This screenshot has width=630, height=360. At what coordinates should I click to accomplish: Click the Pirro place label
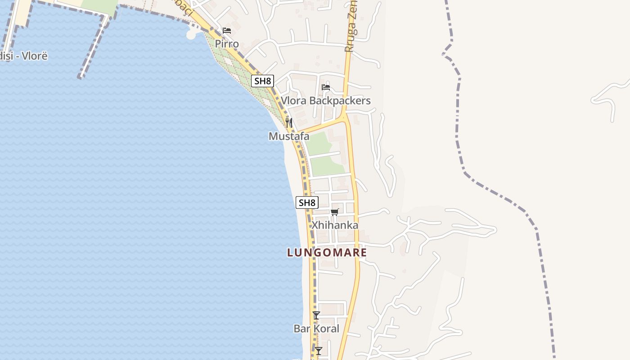click(x=227, y=44)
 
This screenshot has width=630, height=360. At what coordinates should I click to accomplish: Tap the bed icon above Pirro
click(x=227, y=31)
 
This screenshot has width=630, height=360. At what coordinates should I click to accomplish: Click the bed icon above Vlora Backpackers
click(x=326, y=87)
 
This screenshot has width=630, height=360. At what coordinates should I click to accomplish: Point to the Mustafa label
click(x=289, y=136)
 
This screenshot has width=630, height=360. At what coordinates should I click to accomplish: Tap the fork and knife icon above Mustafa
click(x=289, y=122)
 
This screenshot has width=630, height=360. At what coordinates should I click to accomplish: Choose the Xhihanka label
click(x=335, y=225)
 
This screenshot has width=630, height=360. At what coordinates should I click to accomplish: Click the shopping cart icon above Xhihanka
click(x=334, y=212)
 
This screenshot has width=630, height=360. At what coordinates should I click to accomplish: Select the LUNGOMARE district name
click(x=327, y=252)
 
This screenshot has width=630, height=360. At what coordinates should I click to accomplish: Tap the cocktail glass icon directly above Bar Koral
click(x=316, y=315)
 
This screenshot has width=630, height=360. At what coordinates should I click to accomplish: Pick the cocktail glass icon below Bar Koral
click(x=319, y=351)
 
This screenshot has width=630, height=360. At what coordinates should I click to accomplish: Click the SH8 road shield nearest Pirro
click(x=262, y=81)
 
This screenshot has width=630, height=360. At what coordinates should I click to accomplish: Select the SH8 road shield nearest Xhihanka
click(x=307, y=202)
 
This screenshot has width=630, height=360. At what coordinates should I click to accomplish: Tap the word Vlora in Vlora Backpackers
click(x=294, y=100)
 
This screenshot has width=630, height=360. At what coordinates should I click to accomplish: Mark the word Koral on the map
click(x=326, y=328)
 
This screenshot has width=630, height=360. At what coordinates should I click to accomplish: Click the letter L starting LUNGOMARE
click(x=290, y=252)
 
